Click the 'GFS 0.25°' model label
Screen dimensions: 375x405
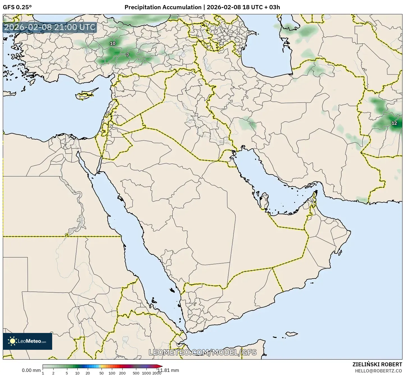click(17, 7)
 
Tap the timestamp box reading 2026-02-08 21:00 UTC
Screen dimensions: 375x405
click(50, 27)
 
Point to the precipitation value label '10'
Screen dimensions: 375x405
click(112, 43)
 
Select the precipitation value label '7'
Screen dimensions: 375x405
click(128, 55)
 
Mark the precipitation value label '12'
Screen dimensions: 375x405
click(394, 123)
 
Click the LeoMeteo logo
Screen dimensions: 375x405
click(27, 341)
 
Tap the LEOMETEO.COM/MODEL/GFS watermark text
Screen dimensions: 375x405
click(202, 352)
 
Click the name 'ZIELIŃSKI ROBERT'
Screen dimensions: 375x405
click(377, 364)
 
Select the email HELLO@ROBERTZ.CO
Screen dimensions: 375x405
click(378, 371)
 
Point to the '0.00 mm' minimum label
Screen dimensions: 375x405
click(31, 370)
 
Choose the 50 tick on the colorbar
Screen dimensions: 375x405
click(102, 373)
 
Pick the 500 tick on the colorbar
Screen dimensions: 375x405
click(136, 373)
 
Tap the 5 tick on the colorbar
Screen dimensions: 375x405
click(67, 373)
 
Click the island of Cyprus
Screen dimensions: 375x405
click(86, 94)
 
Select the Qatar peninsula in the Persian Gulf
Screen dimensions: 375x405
click(264, 200)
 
